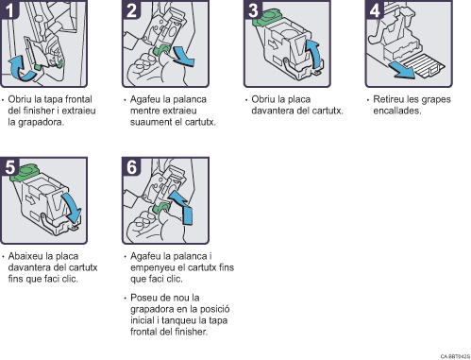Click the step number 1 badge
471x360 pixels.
[x=9, y=9]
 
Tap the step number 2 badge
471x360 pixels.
[x=131, y=9]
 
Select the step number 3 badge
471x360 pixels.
[x=253, y=9]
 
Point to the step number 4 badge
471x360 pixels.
[x=374, y=9]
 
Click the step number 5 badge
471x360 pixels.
[x=9, y=166]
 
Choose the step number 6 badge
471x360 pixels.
[x=131, y=166]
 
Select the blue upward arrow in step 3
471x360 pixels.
[x=315, y=54]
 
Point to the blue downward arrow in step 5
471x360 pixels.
[x=72, y=207]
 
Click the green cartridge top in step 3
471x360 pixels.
[x=267, y=17]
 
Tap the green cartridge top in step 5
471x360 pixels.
[x=24, y=172]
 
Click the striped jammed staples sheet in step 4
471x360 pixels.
[x=423, y=65]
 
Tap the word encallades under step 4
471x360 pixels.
[x=397, y=111]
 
